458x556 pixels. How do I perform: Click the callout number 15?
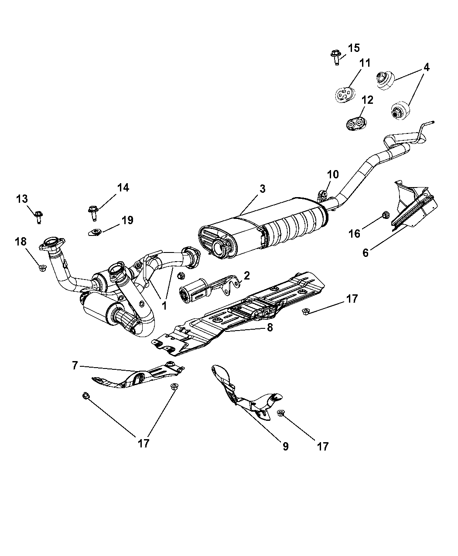(x=354, y=48)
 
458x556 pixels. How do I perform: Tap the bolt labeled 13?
(x=39, y=217)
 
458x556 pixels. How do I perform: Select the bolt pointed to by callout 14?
(x=93, y=213)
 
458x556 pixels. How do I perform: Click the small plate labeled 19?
(x=94, y=232)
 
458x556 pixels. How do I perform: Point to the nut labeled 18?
(x=42, y=268)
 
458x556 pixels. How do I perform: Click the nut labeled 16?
(x=386, y=215)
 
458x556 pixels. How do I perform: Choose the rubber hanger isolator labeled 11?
(x=345, y=94)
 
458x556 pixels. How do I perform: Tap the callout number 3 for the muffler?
(x=263, y=189)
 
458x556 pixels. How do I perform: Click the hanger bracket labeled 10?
(x=323, y=197)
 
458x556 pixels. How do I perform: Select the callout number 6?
(x=365, y=252)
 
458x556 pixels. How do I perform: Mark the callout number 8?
(x=270, y=327)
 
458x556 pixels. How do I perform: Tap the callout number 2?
(x=247, y=276)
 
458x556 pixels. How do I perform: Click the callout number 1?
(x=164, y=306)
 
